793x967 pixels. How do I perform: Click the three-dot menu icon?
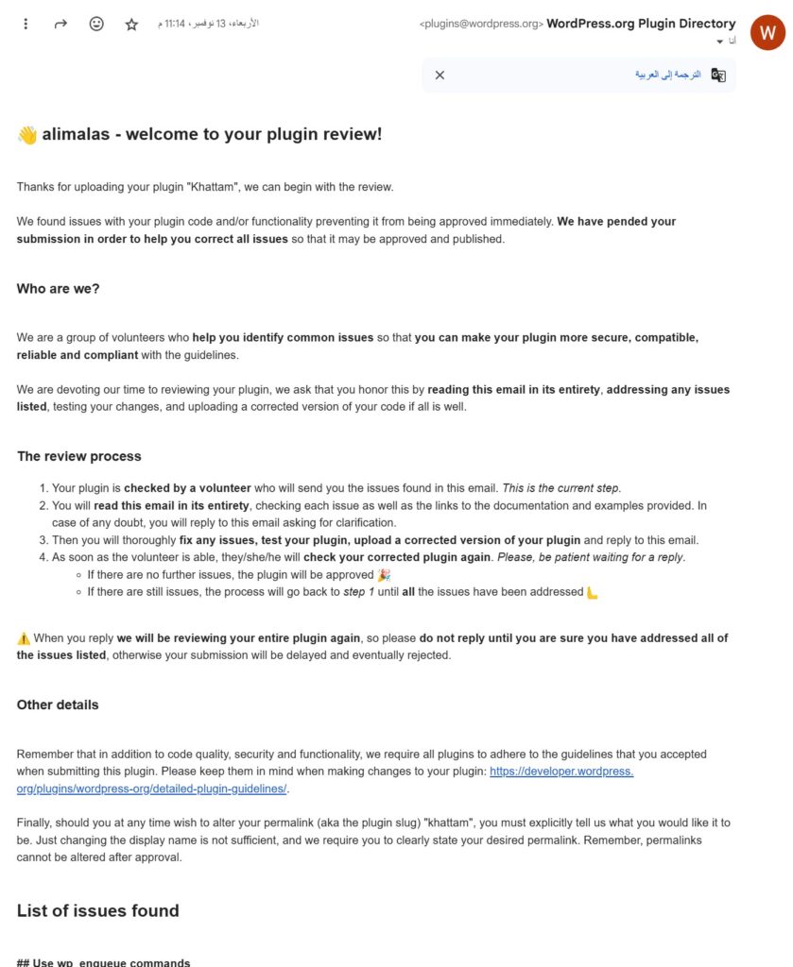point(26,24)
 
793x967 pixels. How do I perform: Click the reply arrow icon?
point(60,24)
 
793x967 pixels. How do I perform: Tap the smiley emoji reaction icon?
point(96,24)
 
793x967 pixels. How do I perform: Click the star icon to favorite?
point(131,24)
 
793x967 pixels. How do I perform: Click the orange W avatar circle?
point(767,32)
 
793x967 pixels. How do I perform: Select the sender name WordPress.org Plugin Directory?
point(641,24)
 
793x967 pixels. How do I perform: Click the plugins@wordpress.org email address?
point(481,25)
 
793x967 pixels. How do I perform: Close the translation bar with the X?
point(440,75)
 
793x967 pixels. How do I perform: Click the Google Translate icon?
point(718,75)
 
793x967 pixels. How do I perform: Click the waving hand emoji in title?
point(26,135)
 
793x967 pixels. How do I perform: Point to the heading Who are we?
point(58,289)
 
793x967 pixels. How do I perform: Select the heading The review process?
point(78,456)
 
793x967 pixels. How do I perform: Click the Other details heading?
point(58,704)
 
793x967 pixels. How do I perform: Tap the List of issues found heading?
point(97,910)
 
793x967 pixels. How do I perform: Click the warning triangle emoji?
point(24,638)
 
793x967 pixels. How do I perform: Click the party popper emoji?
point(383,574)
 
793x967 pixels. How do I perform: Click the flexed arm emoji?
point(593,592)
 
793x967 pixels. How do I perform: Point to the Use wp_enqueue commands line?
point(103,962)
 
